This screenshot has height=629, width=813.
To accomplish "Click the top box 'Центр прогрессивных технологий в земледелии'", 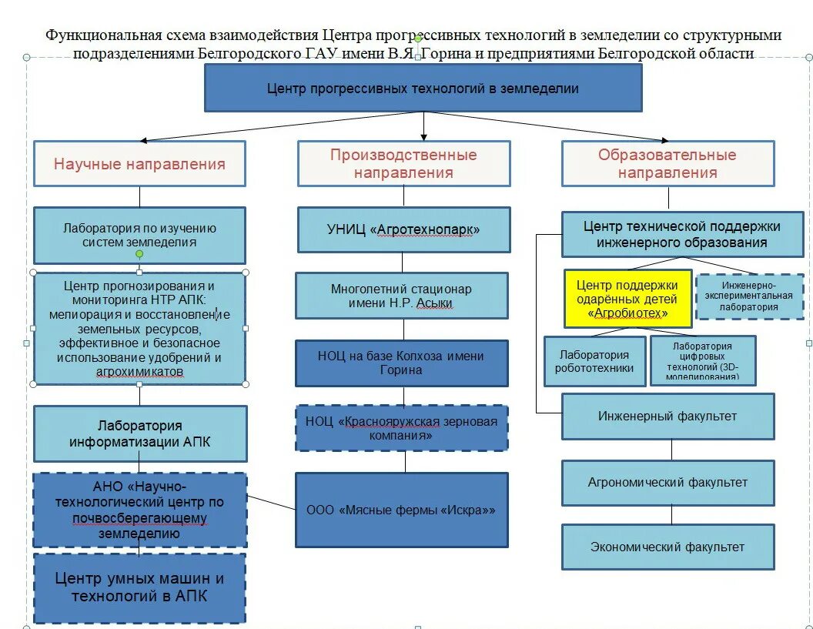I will pyautogui.click(x=423, y=88).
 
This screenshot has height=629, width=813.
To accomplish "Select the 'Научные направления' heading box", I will pyautogui.click(x=139, y=163).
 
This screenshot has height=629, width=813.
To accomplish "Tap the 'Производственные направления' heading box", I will pyautogui.click(x=403, y=163).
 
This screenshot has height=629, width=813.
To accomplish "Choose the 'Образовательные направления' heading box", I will pyautogui.click(x=667, y=163).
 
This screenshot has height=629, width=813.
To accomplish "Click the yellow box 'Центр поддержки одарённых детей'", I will pyautogui.click(x=627, y=299).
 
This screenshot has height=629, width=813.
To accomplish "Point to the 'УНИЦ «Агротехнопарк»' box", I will pyautogui.click(x=403, y=229).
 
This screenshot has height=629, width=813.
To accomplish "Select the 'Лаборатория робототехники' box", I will pyautogui.click(x=594, y=360).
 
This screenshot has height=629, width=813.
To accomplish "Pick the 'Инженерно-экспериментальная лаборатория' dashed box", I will pyautogui.click(x=749, y=296).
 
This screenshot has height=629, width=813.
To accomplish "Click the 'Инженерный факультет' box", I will pyautogui.click(x=667, y=416).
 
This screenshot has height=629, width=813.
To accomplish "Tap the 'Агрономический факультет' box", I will pyautogui.click(x=667, y=483).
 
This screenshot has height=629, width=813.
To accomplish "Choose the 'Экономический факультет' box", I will pyautogui.click(x=667, y=547).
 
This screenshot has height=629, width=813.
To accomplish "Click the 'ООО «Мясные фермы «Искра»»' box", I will pyautogui.click(x=402, y=510).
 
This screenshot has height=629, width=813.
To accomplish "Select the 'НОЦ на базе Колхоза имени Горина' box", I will pyautogui.click(x=402, y=363).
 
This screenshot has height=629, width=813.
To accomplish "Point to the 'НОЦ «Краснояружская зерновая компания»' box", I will pyautogui.click(x=402, y=428).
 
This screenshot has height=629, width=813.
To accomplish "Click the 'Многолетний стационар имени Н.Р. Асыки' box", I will pyautogui.click(x=402, y=296).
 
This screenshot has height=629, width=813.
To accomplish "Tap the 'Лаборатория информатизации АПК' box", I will pyautogui.click(x=139, y=433).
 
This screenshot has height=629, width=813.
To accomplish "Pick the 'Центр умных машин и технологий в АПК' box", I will pyautogui.click(x=139, y=587).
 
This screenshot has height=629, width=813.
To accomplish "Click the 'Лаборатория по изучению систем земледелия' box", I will pyautogui.click(x=139, y=235).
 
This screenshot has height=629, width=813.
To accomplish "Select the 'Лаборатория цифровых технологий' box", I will pyautogui.click(x=702, y=360).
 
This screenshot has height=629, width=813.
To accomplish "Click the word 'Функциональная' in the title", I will pyautogui.click(x=91, y=35).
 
